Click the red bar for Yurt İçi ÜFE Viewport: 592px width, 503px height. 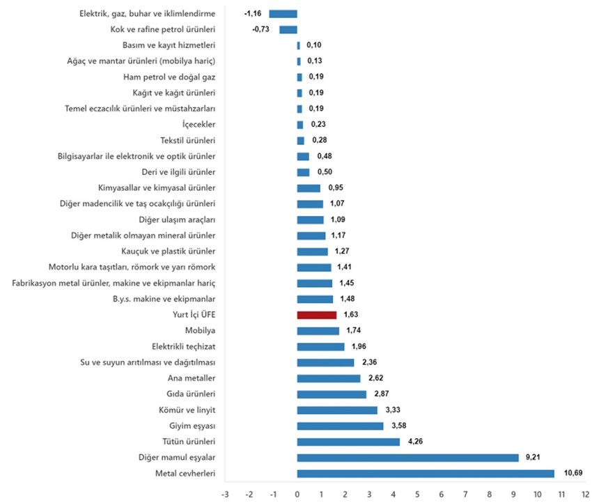click(316, 315)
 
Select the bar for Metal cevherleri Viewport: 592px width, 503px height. click(426, 474)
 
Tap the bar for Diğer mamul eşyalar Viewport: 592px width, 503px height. click(407, 458)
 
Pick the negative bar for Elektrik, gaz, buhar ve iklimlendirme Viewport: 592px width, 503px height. click(283, 13)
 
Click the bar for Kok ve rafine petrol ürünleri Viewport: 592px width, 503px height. click(288, 29)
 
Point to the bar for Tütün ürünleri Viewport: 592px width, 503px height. click(348, 442)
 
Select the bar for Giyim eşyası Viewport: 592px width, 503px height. click(340, 426)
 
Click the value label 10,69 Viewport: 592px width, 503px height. click(572, 474)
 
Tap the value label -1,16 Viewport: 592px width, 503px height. click(252, 13)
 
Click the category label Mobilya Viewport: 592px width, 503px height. click(200, 331)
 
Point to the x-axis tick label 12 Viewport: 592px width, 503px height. click(586, 494)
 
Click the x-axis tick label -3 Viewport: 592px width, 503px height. click(224, 494)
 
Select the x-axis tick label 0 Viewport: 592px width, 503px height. click(297, 494)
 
